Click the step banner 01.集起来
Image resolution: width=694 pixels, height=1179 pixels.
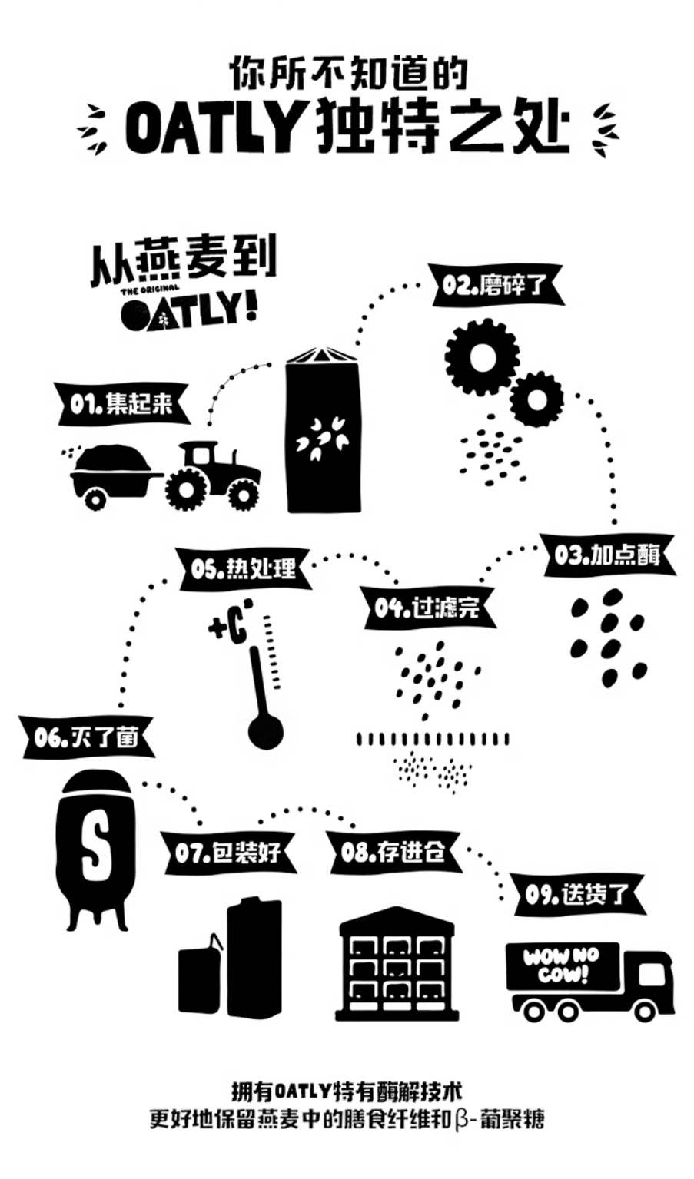[123, 404]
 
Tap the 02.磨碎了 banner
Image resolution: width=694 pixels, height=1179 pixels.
[496, 286]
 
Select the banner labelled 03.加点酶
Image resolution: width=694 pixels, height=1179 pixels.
[606, 555]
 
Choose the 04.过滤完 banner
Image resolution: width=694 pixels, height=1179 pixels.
[429, 608]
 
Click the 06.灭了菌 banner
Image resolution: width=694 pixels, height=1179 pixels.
[88, 737]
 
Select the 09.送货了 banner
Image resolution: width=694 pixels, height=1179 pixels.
[576, 894]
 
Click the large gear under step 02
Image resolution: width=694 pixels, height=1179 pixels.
[481, 358]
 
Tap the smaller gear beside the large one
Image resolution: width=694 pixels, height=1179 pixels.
[536, 399]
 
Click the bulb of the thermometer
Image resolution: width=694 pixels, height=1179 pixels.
[266, 734]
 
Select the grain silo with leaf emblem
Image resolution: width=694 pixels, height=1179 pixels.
[323, 429]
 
